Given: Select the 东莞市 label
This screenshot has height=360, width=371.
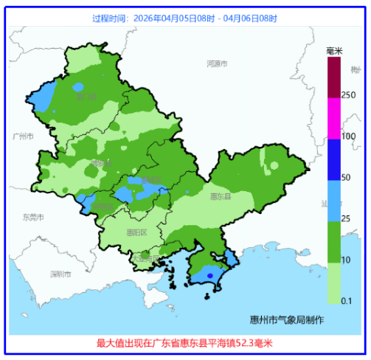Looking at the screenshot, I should coord(33,217).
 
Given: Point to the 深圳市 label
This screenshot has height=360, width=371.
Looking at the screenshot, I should coord(60,274).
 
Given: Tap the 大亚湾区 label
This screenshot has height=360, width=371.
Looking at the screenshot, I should coord(146,257).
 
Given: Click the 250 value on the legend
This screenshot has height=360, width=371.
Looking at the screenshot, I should coord(348,95).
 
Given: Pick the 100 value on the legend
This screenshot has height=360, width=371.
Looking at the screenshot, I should coord(348,136).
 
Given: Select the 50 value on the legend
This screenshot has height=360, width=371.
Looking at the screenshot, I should coord(346,178).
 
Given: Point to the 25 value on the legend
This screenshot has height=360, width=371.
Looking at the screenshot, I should coord(346,219).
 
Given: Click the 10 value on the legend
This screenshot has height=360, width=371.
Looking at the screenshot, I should coord(346,260).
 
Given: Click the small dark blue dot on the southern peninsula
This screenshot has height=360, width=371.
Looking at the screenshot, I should coord(209,276).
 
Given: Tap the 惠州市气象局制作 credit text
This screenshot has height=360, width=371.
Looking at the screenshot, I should coord(287,319).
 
